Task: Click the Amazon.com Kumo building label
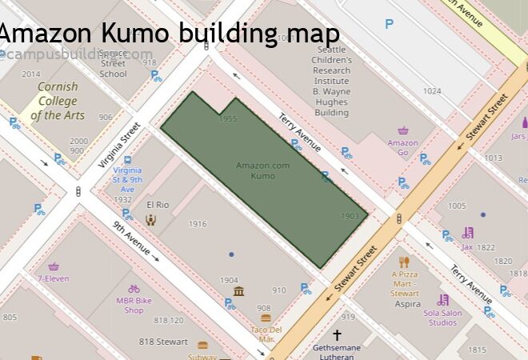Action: (262, 170)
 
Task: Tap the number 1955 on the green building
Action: (228, 119)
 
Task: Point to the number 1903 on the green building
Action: (350, 216)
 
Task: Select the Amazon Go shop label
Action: (402, 147)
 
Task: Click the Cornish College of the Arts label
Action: (58, 101)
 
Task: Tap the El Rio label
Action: (158, 206)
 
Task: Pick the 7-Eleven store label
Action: (53, 278)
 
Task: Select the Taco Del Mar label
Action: (266, 334)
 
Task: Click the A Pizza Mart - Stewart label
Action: (405, 284)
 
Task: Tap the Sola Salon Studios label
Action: (442, 318)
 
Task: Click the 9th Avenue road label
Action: (131, 238)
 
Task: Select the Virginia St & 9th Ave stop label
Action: (128, 180)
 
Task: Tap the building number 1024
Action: (432, 91)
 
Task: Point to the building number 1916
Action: (197, 224)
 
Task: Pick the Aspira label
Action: (407, 304)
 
